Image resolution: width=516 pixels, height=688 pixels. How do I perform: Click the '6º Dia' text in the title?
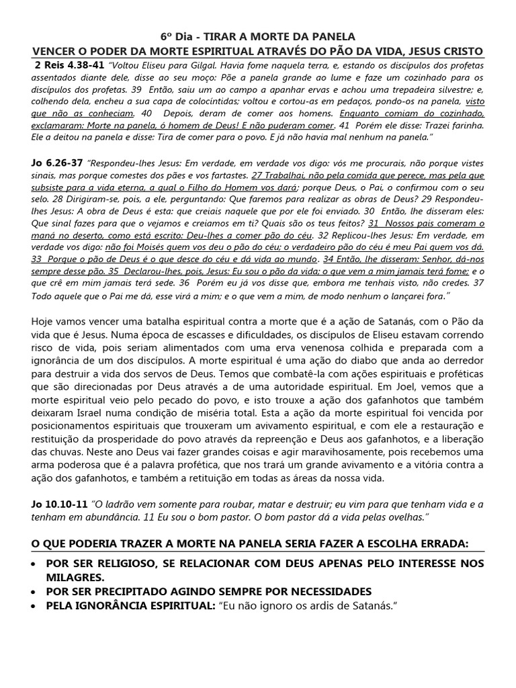tap(175, 36)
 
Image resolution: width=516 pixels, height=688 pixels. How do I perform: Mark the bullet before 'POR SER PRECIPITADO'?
tap(35, 592)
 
